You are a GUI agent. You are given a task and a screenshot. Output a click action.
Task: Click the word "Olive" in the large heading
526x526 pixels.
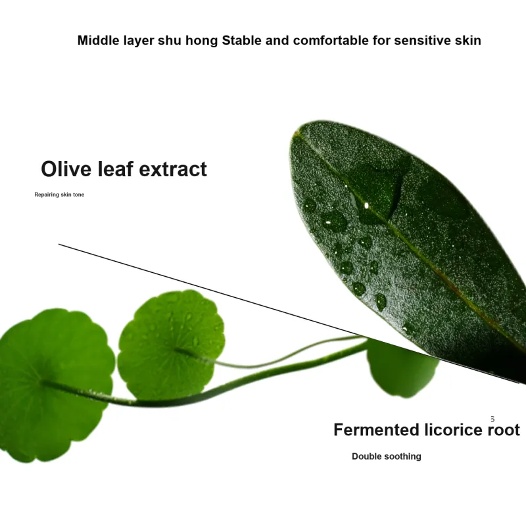click(66, 169)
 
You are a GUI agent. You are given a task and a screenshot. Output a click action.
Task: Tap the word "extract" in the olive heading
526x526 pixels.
click(173, 169)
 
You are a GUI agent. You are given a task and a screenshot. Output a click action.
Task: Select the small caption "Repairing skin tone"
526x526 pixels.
click(59, 195)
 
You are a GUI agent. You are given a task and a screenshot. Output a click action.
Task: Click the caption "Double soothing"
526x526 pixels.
click(387, 456)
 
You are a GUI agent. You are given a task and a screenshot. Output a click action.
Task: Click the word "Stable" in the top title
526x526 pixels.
click(241, 40)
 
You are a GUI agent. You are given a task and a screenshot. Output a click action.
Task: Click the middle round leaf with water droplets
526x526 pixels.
click(171, 344)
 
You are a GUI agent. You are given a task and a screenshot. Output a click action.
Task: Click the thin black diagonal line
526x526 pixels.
click(289, 314)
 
